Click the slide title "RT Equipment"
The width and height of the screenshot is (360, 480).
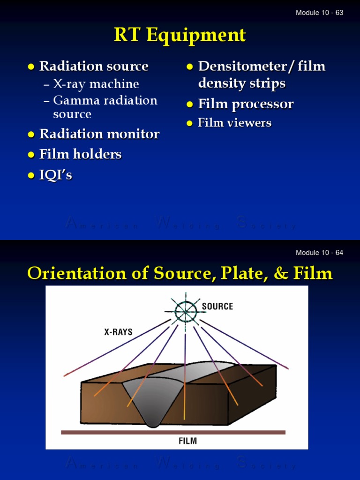pos(180,35)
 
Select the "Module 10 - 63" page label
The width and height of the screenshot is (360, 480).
pos(319,13)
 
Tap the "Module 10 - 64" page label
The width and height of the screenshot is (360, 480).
pos(319,253)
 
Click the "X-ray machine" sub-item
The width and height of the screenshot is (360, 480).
pos(96,84)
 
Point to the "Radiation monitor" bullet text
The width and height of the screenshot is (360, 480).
pos(99,134)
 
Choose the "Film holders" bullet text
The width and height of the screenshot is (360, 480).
pos(80,154)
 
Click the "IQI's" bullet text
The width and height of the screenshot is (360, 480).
pos(56,175)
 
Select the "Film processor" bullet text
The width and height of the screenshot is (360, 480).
pos(246,104)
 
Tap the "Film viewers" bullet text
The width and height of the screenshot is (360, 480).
pos(234,123)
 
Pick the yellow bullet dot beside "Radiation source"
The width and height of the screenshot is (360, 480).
pos(31,67)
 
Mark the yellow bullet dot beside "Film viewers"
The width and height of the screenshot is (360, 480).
pos(190,124)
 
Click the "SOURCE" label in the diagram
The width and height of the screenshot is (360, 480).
pos(217,307)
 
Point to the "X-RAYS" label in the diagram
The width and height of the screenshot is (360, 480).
pos(118,332)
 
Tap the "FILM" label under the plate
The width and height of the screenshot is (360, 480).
pos(187,441)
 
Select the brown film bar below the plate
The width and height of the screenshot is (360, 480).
pos(173,432)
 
